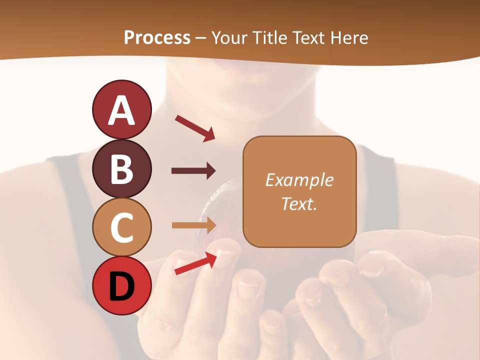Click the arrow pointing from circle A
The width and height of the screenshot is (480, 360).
195,128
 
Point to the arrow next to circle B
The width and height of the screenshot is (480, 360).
193,171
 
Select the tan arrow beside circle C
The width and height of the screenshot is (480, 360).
193,225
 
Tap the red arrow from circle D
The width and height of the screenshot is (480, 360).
195,263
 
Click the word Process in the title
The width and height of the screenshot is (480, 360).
157,38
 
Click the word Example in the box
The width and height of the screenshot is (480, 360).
299,180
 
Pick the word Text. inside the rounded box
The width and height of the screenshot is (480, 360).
299,203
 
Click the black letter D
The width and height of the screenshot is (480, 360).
122,286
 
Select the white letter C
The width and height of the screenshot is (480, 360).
122,228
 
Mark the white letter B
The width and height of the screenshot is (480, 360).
122,169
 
